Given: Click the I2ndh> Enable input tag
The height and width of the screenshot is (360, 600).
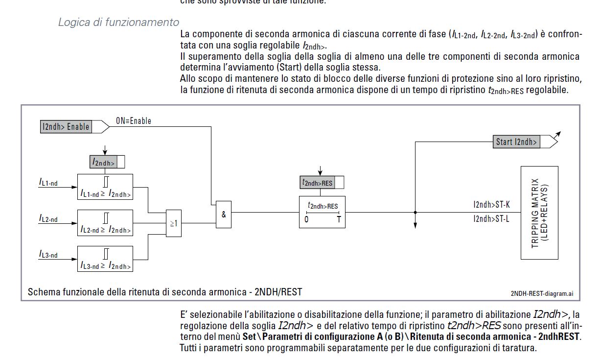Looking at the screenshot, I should (x=66, y=127).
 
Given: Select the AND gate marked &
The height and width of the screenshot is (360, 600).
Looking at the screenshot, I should (x=224, y=214).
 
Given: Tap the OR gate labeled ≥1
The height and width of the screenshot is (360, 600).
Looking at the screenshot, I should (x=173, y=223).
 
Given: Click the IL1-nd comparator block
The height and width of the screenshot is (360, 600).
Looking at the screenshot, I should (x=105, y=188).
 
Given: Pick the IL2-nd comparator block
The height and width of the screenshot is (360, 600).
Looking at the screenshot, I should (x=105, y=223).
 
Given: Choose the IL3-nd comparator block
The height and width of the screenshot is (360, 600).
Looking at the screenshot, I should (x=105, y=259).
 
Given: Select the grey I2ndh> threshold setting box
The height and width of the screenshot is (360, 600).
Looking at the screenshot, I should (x=104, y=162).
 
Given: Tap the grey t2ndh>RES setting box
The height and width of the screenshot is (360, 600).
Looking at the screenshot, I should (x=318, y=183).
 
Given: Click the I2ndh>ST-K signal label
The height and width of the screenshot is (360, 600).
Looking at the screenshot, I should (x=491, y=205).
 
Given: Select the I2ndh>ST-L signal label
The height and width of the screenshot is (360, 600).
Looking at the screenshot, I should (x=491, y=219).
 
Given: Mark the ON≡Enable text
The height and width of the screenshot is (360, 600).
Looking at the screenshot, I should (x=134, y=121).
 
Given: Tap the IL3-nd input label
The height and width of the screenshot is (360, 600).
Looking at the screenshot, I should (x=48, y=255).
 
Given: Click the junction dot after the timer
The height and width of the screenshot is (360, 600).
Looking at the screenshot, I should (x=415, y=213).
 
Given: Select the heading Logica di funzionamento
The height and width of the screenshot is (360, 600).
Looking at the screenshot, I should (x=118, y=23).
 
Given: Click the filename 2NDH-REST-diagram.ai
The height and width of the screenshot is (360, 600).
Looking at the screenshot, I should (x=541, y=293).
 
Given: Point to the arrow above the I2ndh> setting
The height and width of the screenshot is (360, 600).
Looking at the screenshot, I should (x=104, y=149).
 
